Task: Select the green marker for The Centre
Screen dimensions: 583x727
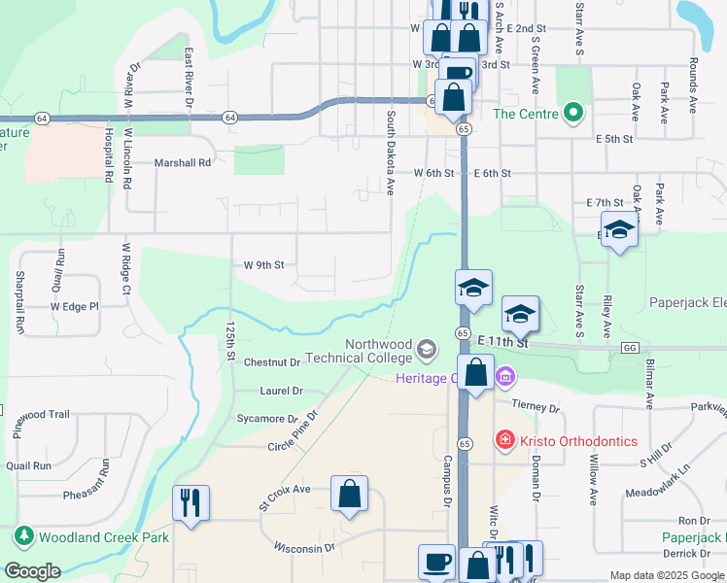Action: click(x=572, y=114)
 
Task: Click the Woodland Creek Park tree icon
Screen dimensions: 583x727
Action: click(x=22, y=536)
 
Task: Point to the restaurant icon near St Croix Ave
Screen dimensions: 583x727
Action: click(x=190, y=502)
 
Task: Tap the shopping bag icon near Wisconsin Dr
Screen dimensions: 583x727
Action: click(x=349, y=494)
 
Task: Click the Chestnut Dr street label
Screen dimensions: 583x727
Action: click(x=272, y=363)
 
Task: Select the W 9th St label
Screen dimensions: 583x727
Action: click(x=263, y=264)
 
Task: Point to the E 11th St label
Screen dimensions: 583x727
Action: click(x=502, y=344)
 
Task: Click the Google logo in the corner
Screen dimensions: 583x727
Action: click(x=33, y=571)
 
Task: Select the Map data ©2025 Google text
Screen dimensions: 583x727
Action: click(x=667, y=575)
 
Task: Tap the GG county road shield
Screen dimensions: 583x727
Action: click(x=631, y=347)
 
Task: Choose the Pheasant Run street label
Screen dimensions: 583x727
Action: click(x=90, y=495)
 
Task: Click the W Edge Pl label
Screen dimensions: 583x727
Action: click(x=75, y=307)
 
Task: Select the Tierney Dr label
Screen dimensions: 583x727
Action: click(x=530, y=408)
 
